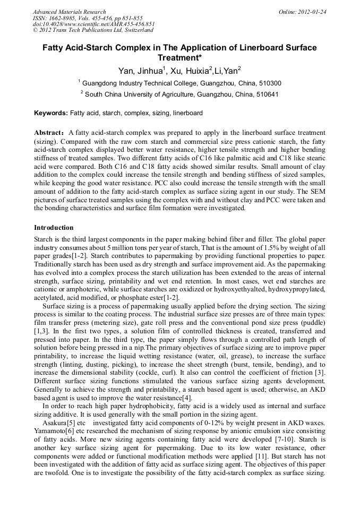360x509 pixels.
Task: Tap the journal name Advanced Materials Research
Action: coord(69,12)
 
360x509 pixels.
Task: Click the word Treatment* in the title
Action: coord(179,58)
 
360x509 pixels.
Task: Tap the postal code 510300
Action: coord(269,83)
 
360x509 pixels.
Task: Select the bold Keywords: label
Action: coord(51,113)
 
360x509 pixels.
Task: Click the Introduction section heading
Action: coord(54,228)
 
